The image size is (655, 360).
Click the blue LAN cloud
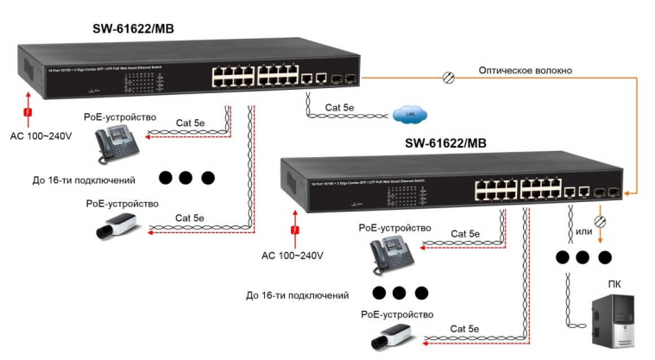[405, 114]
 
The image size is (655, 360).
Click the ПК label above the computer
[614, 284]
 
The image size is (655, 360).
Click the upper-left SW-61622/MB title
[134, 28]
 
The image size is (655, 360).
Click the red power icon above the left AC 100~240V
[28, 113]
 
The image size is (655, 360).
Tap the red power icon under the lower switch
[296, 231]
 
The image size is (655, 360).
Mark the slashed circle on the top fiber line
[448, 78]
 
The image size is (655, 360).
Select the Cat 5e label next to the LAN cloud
[339, 108]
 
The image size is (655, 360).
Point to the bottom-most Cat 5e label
[466, 328]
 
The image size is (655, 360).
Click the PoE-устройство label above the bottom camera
[397, 314]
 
